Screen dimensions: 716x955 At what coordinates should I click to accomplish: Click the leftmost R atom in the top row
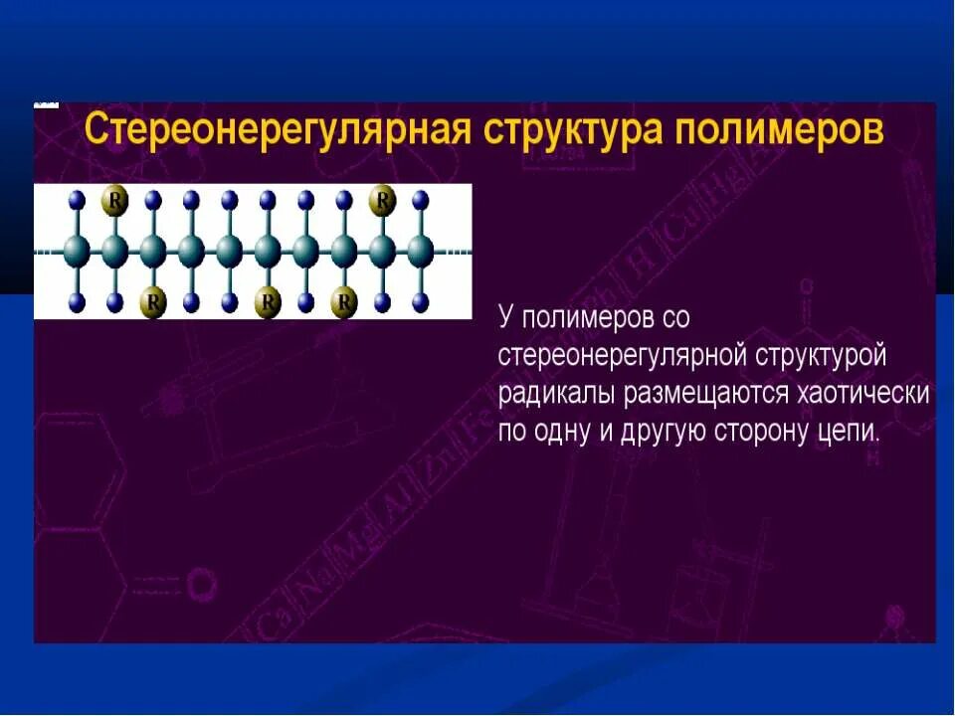point(115,201)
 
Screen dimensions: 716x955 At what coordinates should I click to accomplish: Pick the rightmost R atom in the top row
point(382,201)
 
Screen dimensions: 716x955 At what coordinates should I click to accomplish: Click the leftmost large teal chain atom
point(77,251)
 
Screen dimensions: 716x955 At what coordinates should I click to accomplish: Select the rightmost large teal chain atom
point(420,251)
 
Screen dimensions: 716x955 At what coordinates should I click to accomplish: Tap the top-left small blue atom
point(77,199)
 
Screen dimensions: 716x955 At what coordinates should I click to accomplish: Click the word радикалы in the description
point(558,393)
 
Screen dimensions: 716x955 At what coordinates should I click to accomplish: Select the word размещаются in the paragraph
point(708,393)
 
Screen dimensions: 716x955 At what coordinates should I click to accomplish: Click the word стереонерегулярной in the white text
point(622,355)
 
